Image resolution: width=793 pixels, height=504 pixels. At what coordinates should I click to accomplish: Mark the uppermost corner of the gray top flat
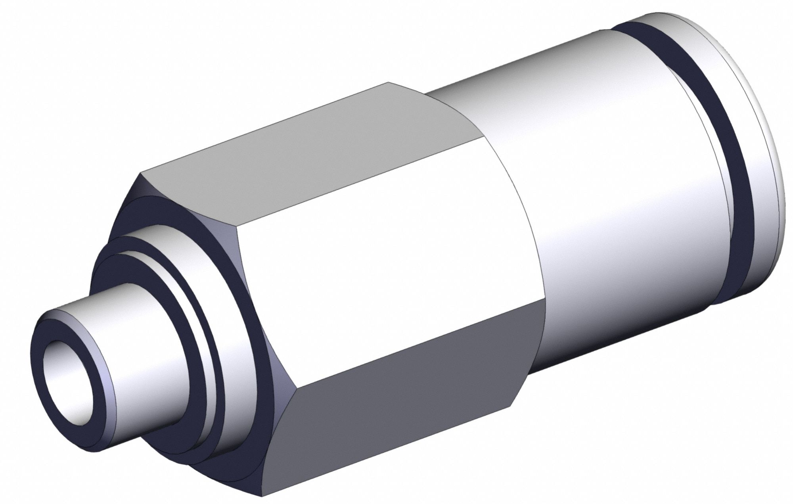pyautogui.click(x=388, y=82)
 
